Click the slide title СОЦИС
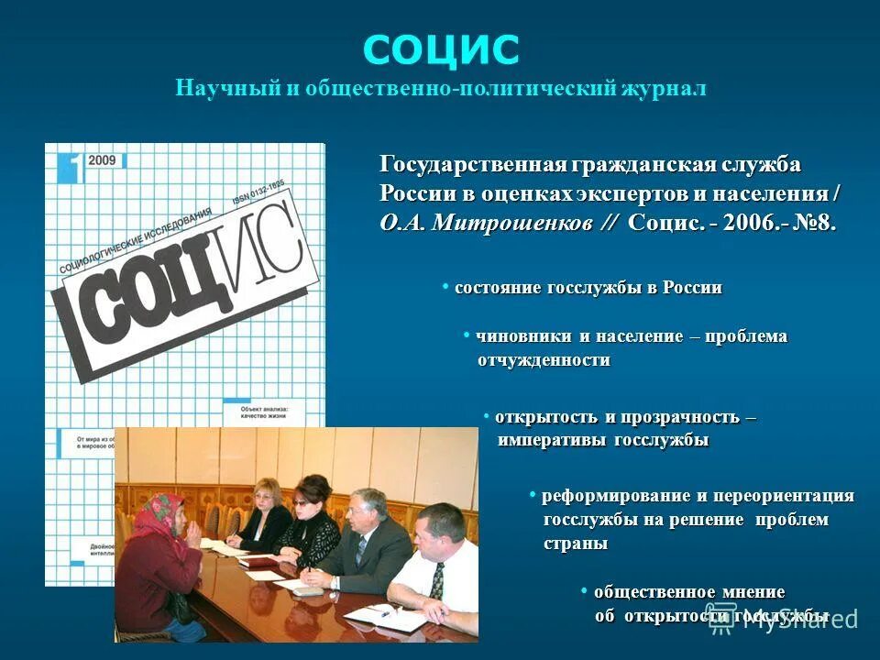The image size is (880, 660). tap(441, 49)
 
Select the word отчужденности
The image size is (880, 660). tap(544, 360)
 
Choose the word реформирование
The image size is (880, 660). tap(615, 496)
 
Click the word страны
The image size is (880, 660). tap(575, 544)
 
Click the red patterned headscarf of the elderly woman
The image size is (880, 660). tap(163, 510)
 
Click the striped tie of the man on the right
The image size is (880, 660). tap(438, 579)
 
